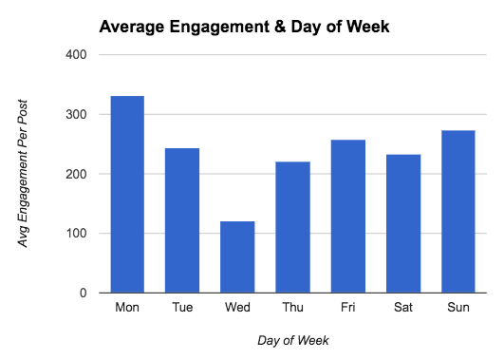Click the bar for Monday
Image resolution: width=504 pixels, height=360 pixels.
tap(127, 195)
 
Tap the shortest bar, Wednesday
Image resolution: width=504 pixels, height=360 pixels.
tap(237, 256)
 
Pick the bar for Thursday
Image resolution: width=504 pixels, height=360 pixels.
tap(292, 227)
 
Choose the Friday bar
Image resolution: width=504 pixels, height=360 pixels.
tap(347, 217)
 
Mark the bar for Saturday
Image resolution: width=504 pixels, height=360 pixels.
tap(402, 223)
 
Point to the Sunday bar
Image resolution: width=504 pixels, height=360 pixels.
tap(457, 212)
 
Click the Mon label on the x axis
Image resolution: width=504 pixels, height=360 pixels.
tap(127, 307)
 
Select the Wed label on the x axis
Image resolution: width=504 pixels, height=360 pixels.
tap(237, 307)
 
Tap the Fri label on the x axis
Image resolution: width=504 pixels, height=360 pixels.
tap(347, 307)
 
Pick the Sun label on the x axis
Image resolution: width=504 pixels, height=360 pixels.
tap(457, 307)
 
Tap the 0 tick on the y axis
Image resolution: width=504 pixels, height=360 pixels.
tap(84, 294)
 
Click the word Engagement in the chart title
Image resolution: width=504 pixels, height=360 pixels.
tap(214, 26)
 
